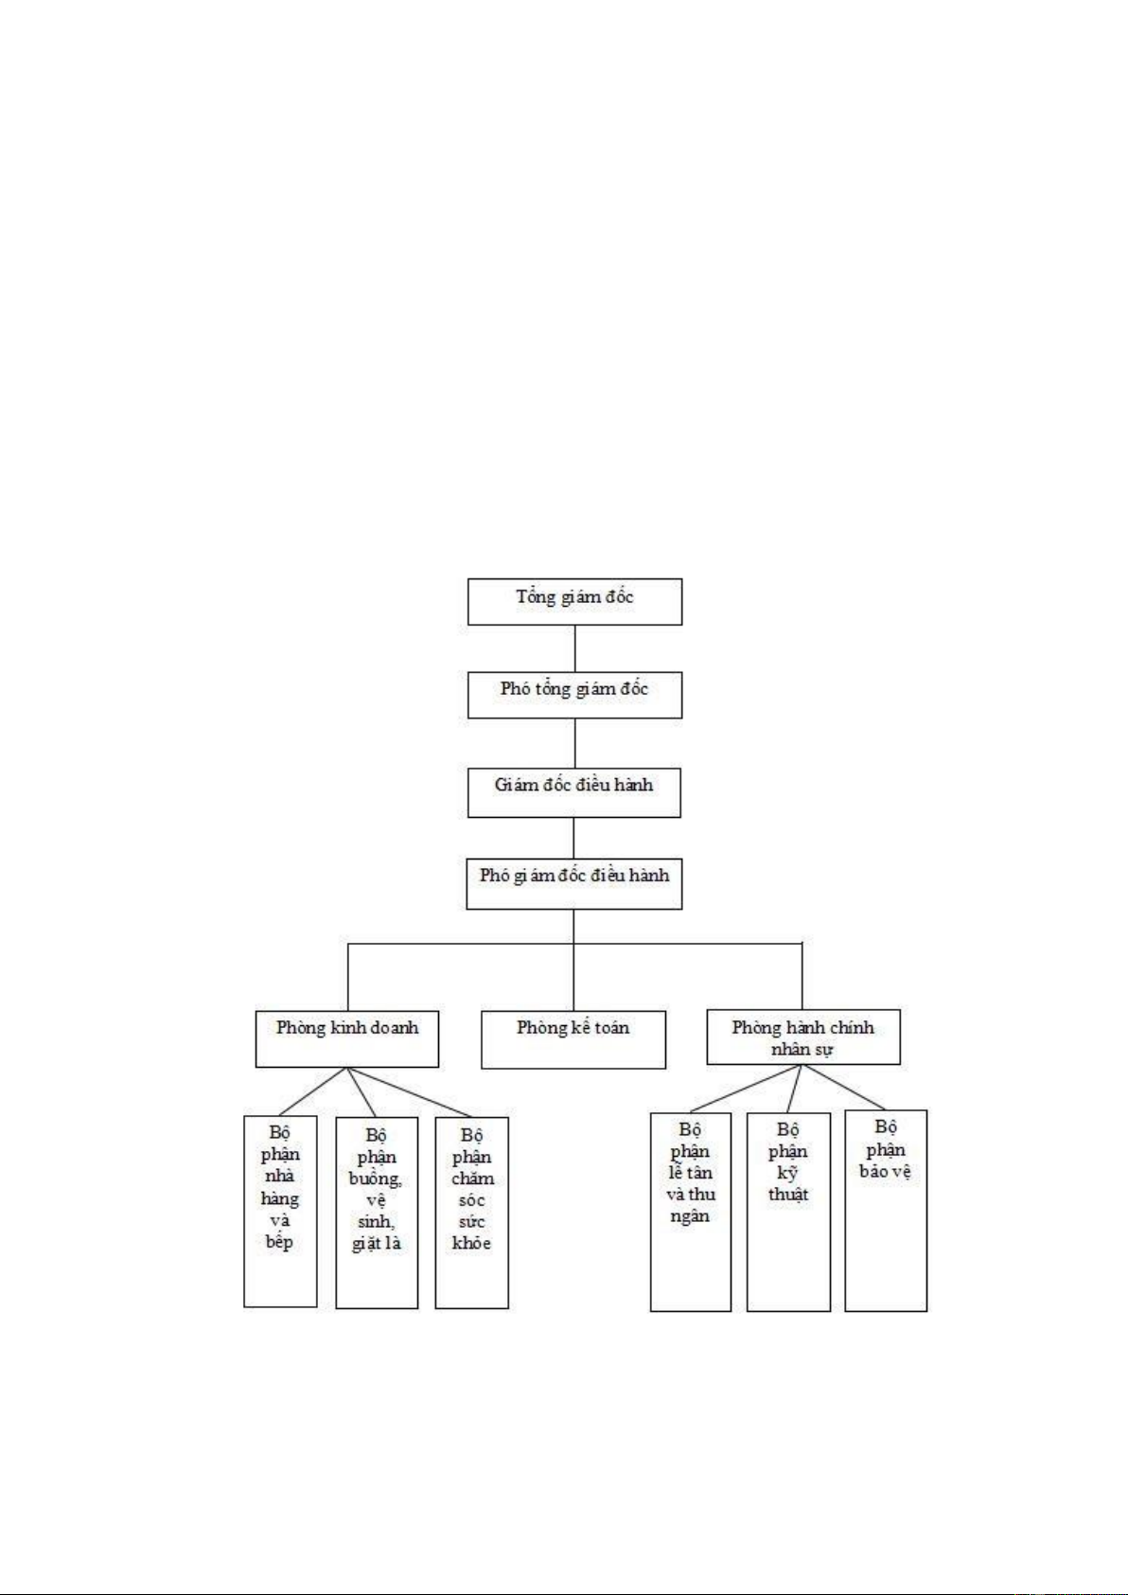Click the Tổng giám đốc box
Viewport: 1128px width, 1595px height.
coord(574,602)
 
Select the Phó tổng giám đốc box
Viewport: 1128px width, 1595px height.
coord(574,694)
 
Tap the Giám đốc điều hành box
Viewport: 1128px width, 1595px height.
coord(573,791)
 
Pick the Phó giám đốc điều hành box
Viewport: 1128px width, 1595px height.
coord(573,884)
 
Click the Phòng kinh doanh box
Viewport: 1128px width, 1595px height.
coord(346,1039)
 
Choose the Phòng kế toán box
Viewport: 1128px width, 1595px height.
coord(573,1039)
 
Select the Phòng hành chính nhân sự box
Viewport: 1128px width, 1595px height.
coord(802,1037)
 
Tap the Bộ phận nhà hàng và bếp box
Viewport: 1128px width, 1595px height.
coord(280,1212)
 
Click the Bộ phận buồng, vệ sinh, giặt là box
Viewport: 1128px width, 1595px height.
coord(377,1213)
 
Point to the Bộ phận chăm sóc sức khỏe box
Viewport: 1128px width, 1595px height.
coord(471,1213)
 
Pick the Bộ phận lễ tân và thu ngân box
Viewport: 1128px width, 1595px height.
coord(690,1212)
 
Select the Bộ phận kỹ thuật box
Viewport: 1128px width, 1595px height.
coord(788,1212)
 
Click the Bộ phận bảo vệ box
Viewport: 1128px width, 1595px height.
coord(886,1211)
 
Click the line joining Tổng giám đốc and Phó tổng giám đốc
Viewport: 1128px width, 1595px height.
coord(575,648)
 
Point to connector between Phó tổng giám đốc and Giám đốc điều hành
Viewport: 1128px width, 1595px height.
coord(575,743)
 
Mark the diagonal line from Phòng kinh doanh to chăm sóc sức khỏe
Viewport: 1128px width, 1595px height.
coord(409,1092)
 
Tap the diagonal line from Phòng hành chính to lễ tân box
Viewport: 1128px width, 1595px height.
coord(747,1089)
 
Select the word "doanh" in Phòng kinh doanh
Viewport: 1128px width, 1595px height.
coord(394,1027)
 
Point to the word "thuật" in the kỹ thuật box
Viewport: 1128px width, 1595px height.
coord(788,1194)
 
